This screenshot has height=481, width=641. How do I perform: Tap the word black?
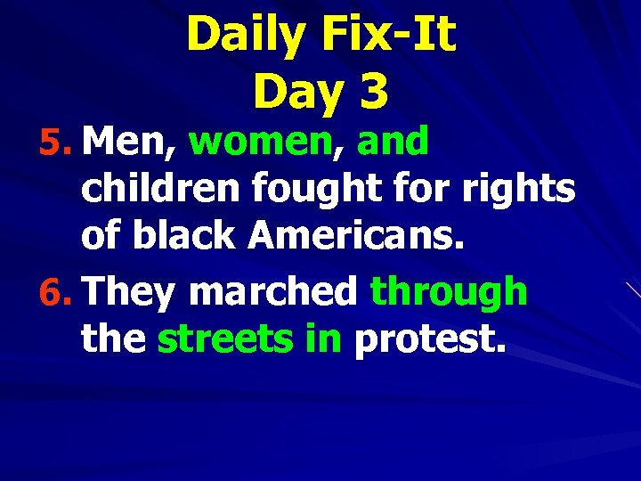pos(184,236)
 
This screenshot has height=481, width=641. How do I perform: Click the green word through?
pos(449,291)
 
